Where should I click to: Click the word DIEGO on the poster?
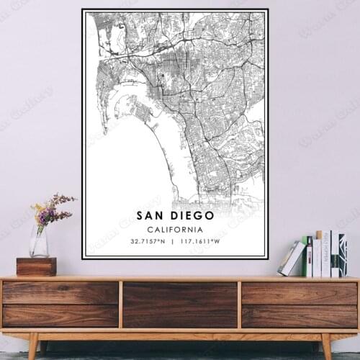tap(190, 215)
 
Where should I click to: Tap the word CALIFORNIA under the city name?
tap(174, 228)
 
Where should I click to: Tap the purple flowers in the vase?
tap(58, 204)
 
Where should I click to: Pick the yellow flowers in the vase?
tap(39, 211)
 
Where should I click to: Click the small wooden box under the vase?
tap(36, 266)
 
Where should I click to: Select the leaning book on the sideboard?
tap(292, 258)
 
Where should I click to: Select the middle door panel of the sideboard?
tap(180, 304)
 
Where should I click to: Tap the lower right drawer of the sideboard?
tap(299, 315)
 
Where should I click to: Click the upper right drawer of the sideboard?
tap(299, 292)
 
